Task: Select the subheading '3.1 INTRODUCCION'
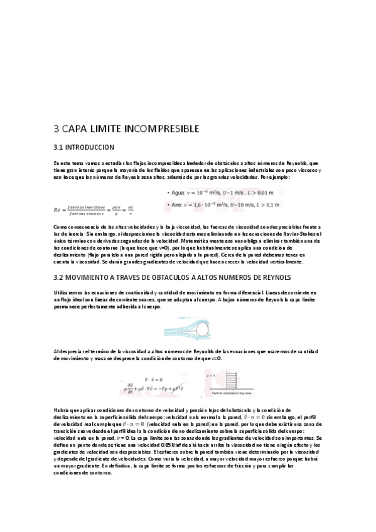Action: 85,147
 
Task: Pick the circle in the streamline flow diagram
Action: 205,327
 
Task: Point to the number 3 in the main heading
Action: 56,129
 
